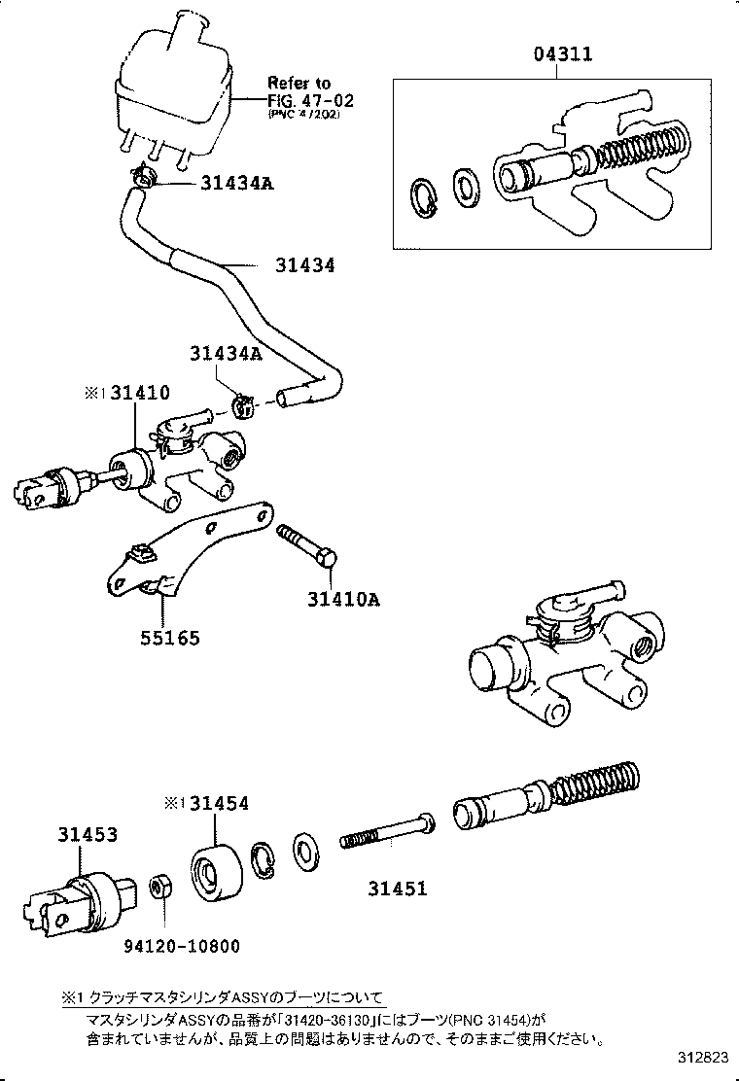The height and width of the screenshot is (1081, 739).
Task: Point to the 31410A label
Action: (337, 599)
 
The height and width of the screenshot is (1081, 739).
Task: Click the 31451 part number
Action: (397, 888)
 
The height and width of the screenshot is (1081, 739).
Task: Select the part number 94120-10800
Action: (181, 946)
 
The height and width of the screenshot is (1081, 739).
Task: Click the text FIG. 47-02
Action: (303, 99)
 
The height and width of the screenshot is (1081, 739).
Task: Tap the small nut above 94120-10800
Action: (161, 888)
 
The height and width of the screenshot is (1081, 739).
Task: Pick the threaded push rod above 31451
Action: (384, 834)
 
